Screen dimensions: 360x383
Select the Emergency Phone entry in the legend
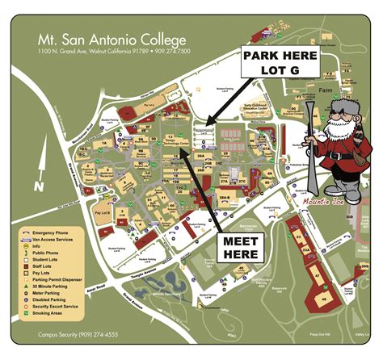pos(57,232)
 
